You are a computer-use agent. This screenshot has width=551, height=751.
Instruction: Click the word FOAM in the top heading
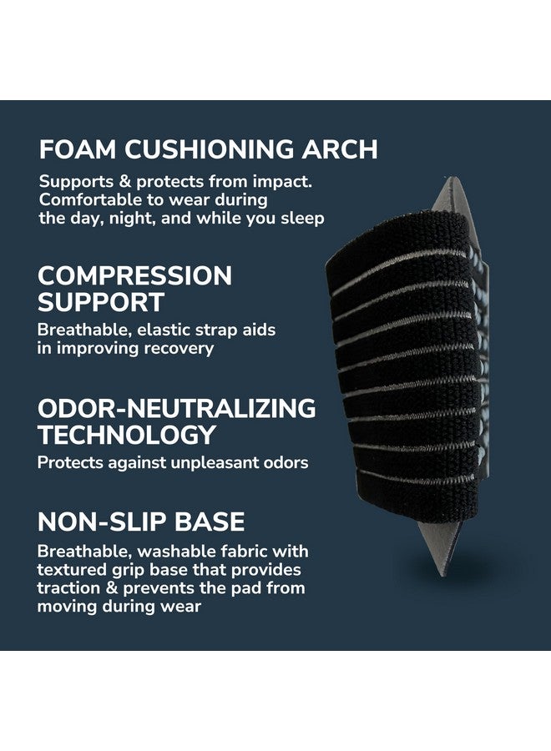(x=78, y=149)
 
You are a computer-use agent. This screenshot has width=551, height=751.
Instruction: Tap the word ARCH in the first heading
(x=340, y=149)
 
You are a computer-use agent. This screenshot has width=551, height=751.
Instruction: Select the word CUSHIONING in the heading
(x=210, y=149)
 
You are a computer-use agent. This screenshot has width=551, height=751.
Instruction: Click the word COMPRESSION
(x=134, y=276)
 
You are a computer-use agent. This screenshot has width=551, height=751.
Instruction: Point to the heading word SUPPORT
(x=101, y=302)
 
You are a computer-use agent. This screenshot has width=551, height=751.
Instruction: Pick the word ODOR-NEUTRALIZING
(x=177, y=409)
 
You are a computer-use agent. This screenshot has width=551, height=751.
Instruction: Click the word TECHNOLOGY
(x=127, y=435)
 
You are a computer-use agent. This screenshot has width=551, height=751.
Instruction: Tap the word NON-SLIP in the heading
(x=102, y=522)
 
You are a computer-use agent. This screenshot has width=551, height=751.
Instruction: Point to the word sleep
(x=302, y=219)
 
